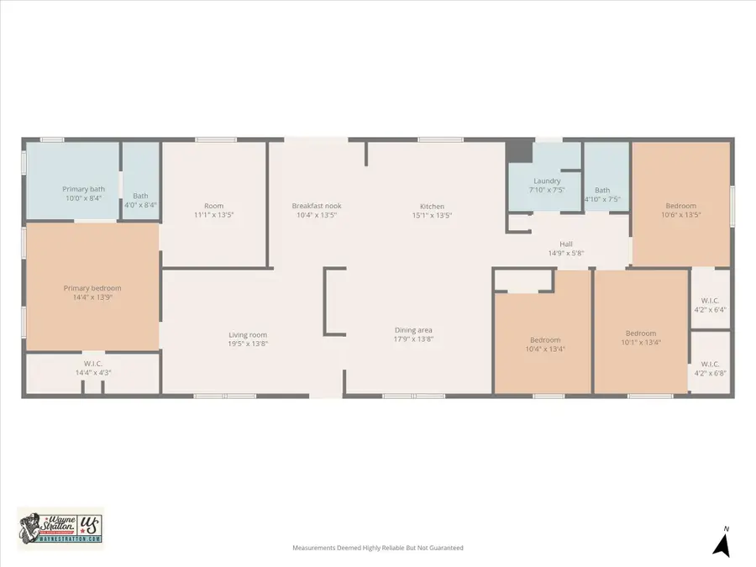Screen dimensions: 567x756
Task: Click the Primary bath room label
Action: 84,189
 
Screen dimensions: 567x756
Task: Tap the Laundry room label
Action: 547,181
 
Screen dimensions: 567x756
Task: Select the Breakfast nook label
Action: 317,206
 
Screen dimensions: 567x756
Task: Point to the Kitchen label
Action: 433,206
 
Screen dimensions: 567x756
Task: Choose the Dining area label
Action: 414,329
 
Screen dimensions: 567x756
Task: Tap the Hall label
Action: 566,244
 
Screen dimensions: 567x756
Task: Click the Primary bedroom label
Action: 92,288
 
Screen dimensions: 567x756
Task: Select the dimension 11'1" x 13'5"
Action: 213,215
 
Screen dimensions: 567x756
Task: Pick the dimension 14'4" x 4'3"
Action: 92,372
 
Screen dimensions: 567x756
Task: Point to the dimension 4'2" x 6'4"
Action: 710,309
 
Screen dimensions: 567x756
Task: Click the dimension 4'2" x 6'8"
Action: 710,373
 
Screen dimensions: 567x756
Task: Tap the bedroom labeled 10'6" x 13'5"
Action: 681,210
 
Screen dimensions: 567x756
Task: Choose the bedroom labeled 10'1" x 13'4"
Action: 641,338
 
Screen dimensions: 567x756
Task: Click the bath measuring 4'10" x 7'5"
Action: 602,195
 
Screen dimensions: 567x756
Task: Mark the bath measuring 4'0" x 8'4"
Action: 140,200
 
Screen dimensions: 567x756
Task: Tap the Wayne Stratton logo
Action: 60,529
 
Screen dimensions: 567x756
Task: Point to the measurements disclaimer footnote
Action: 377,548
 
